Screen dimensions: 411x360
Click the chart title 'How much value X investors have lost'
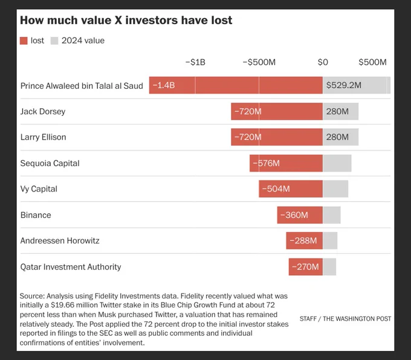126,20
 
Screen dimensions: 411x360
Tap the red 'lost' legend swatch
24,40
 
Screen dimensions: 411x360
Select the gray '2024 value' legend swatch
54,40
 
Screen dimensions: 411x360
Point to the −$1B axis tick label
195,62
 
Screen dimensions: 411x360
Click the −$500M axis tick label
259,62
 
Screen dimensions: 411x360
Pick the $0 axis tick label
323,62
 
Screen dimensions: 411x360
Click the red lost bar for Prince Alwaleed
236,85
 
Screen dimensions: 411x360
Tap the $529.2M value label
344,85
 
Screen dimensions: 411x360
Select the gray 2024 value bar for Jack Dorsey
340,111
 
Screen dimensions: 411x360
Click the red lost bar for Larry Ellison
277,137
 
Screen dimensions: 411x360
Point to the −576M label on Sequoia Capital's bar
266,163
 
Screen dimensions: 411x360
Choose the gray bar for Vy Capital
335,188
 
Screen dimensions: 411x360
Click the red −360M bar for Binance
300,215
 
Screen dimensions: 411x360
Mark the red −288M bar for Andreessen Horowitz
304,240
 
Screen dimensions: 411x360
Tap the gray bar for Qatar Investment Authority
329,267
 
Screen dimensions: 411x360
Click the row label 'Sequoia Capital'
50,163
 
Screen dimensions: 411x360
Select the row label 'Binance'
36,215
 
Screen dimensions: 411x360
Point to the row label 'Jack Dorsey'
43,111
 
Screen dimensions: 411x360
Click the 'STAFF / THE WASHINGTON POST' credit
345,318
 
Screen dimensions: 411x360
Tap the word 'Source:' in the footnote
32,296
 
